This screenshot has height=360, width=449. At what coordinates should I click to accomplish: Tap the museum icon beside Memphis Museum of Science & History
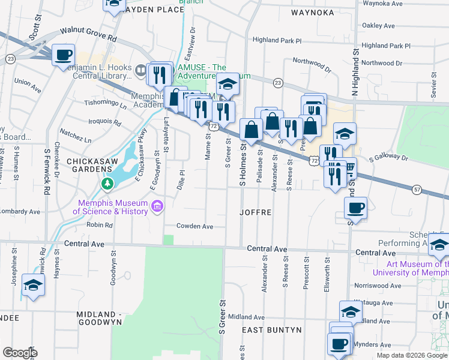[x=158, y=207]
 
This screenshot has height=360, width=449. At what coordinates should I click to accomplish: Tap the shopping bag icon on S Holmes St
[x=250, y=128]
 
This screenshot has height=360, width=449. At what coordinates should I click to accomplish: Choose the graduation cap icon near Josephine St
[x=33, y=284]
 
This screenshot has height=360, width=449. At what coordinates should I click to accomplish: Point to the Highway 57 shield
[x=417, y=190]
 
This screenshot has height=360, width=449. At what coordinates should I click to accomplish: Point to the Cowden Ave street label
[x=194, y=226]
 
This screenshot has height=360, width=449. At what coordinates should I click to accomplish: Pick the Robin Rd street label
[x=100, y=225]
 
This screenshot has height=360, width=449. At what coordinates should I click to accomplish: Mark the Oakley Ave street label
[x=378, y=26]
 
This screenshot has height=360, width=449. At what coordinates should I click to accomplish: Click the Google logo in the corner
[x=20, y=353]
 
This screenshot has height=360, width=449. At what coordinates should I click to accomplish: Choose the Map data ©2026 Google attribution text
[x=411, y=355]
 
